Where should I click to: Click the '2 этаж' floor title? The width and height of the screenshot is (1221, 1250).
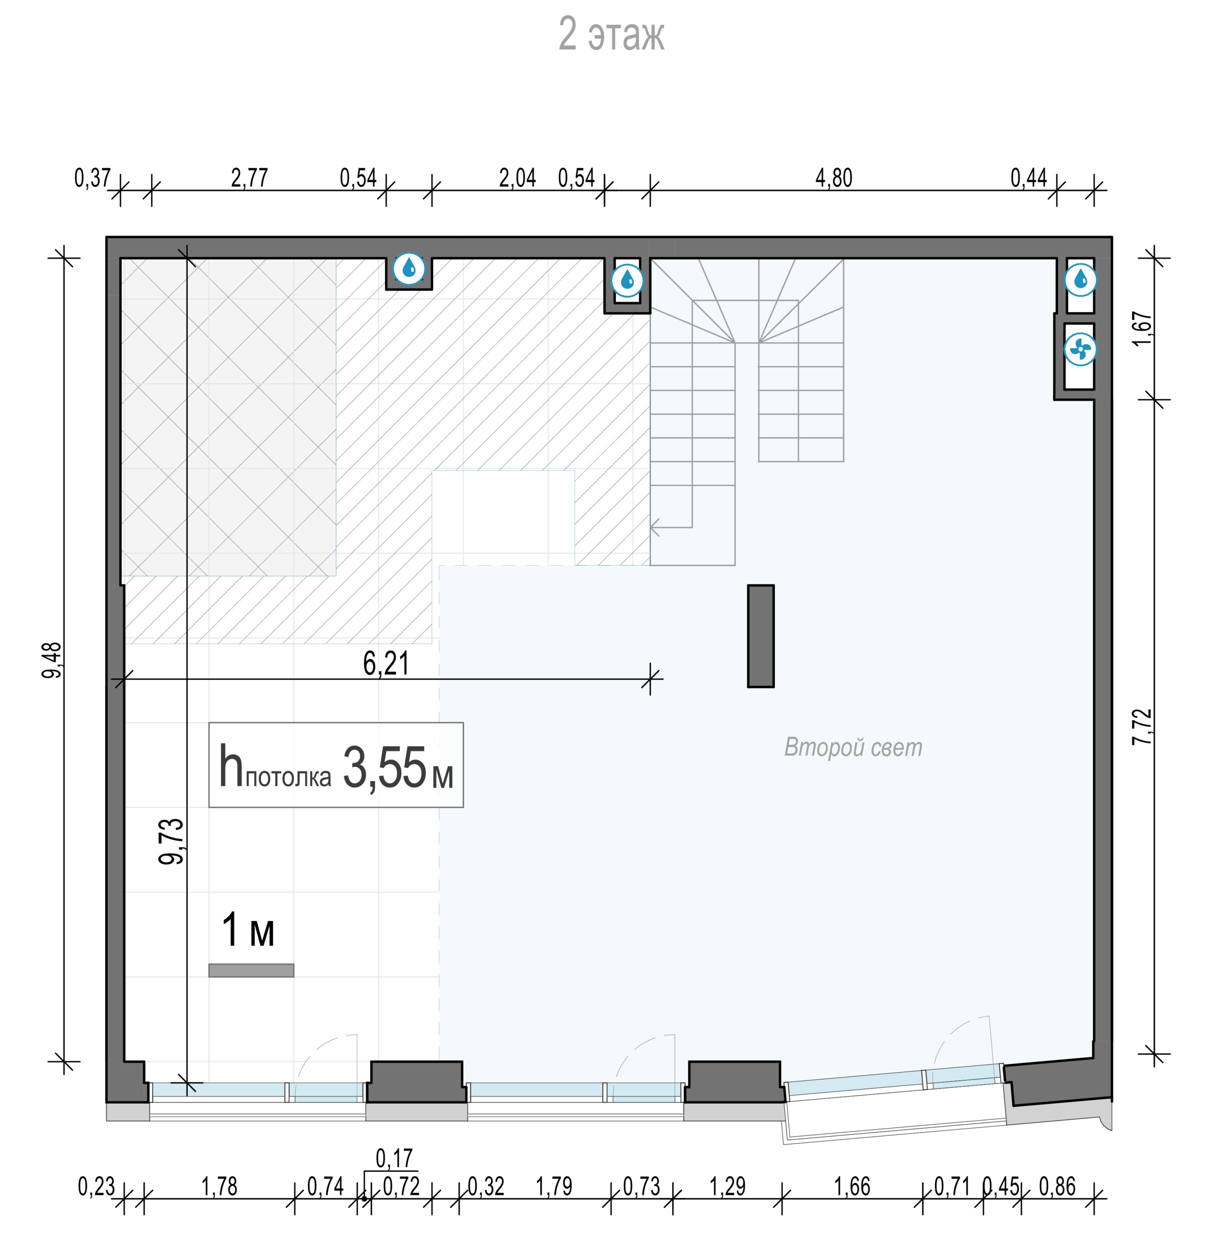pos(611,34)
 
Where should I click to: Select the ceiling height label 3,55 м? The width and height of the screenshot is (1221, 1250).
pos(398,767)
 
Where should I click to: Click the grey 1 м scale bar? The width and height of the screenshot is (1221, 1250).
pos(252,970)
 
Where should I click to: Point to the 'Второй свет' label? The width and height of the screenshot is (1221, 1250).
pos(853,747)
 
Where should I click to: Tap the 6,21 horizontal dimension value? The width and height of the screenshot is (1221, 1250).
pos(386,663)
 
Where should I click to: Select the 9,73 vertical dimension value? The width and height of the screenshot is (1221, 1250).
pos(171,841)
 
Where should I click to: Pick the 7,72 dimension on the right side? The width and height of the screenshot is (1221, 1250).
pos(1142,726)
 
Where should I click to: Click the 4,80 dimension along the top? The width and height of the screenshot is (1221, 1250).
pos(834,177)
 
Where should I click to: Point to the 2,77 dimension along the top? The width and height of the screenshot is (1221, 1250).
pos(250,177)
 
